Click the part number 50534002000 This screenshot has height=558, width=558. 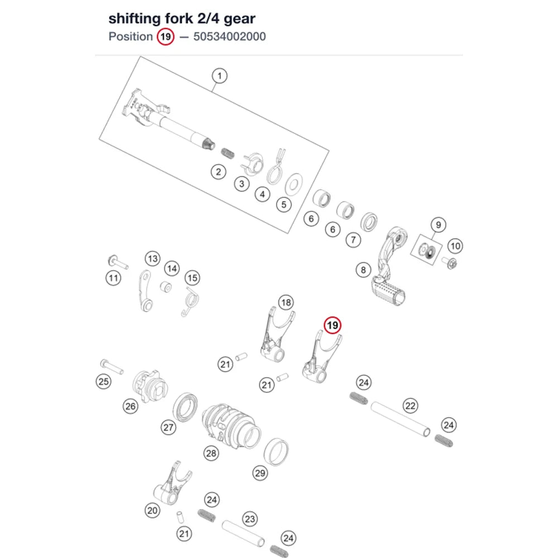(229, 37)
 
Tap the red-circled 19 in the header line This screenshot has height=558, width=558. (166, 37)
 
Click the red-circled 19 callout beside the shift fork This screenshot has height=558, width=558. (333, 325)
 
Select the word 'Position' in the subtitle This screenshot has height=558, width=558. (131, 37)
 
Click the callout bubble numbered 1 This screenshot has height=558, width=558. (219, 76)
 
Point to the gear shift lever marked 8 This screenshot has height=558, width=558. (388, 266)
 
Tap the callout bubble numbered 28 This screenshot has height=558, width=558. (211, 453)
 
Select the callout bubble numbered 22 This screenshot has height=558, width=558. (410, 406)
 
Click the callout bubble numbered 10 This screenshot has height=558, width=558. (455, 246)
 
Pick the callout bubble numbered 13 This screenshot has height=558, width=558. (153, 259)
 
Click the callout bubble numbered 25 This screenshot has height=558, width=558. (104, 382)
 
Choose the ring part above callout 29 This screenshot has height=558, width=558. (276, 452)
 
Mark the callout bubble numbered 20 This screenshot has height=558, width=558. (152, 511)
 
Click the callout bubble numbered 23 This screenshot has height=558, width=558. (250, 519)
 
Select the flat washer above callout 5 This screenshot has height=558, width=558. (294, 185)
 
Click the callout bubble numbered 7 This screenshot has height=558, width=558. (353, 240)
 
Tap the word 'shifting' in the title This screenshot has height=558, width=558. (134, 19)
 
